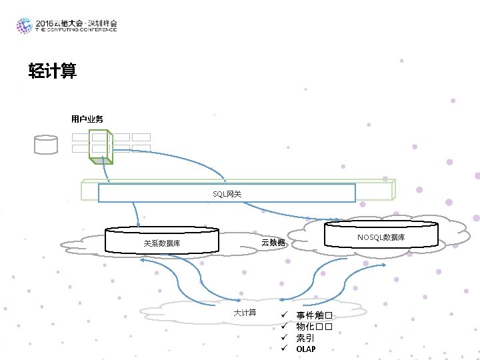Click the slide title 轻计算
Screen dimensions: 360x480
pos(53,71)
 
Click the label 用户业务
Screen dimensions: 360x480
pos(87,119)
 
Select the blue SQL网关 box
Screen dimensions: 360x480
pos(227,193)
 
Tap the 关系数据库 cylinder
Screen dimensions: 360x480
pos(162,241)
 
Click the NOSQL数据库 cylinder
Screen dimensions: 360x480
pos(381,236)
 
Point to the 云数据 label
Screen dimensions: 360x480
pos(273,243)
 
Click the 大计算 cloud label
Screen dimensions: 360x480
pos(245,313)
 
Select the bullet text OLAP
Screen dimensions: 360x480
pos(306,349)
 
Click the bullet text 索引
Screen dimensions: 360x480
pos(305,338)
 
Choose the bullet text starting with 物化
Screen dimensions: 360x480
pos(314,327)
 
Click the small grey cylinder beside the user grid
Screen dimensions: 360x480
pos(46,145)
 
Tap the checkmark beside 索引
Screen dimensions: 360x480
pos(283,338)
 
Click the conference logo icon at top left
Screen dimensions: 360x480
pos(24,25)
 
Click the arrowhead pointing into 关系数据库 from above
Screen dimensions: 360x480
pos(137,225)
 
